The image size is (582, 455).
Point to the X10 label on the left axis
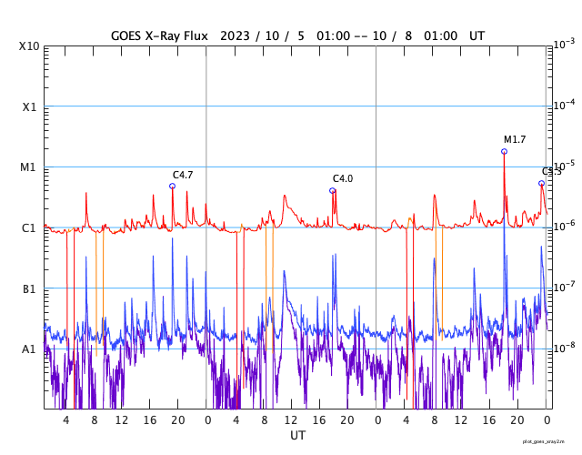pos(28,46)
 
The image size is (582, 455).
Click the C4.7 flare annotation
pos(183,175)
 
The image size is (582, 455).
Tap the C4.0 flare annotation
pos(343,178)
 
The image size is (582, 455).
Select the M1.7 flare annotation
pos(515,139)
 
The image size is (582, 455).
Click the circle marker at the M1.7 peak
pos(504,152)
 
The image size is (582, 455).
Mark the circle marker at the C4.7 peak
pos(172,187)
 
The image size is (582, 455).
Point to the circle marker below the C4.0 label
pos(333,190)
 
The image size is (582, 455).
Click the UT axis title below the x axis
pos(297,436)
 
